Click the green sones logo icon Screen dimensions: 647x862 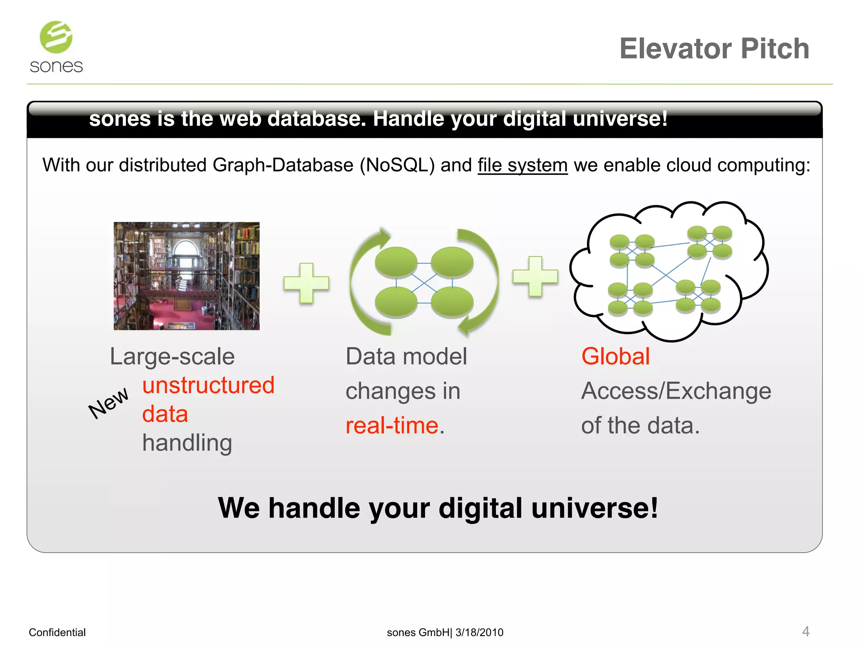56,37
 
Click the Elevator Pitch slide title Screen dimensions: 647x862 714,49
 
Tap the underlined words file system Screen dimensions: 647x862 522,165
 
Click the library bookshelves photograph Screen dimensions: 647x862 186,276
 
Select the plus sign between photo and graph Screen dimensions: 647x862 306,283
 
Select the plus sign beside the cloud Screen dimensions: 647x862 535,276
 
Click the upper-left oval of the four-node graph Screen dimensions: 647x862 396,262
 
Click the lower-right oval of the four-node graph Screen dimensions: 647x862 452,302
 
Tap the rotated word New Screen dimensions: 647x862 108,403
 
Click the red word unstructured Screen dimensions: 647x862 208,385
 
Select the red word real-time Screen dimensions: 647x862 392,425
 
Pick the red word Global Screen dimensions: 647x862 615,356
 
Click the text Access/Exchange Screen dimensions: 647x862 676,391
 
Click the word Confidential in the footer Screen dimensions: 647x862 57,632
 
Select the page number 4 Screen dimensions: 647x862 805,631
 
